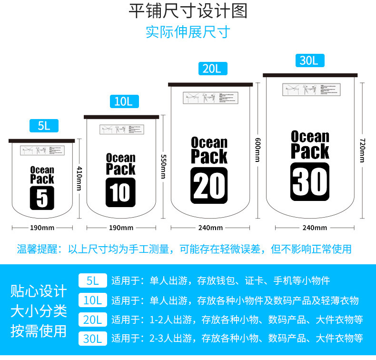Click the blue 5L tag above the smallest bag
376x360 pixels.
click(44, 126)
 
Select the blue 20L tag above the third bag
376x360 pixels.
click(212, 69)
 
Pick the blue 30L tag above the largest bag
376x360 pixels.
click(309, 60)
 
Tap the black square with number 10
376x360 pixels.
click(120, 192)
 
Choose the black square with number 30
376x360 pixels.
click(310, 181)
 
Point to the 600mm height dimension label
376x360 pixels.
click(257, 150)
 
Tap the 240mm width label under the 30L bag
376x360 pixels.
click(315, 228)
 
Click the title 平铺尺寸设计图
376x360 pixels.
click(188, 11)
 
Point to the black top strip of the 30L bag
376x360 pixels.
click(310, 75)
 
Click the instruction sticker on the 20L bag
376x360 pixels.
click(210, 97)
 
